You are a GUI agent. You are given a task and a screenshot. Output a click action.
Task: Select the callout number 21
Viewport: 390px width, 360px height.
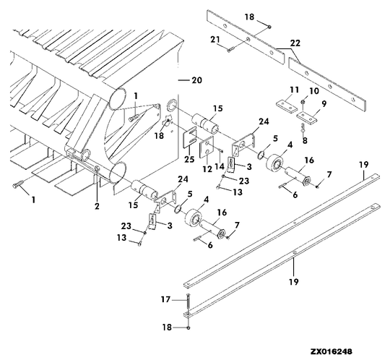click(x=214, y=38)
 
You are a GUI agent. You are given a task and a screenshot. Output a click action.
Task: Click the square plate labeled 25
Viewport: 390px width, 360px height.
click(x=190, y=137)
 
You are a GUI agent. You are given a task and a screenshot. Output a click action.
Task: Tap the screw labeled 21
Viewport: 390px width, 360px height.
click(x=230, y=49)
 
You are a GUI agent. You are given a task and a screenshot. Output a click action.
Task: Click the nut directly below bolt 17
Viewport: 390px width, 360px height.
click(x=188, y=327)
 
